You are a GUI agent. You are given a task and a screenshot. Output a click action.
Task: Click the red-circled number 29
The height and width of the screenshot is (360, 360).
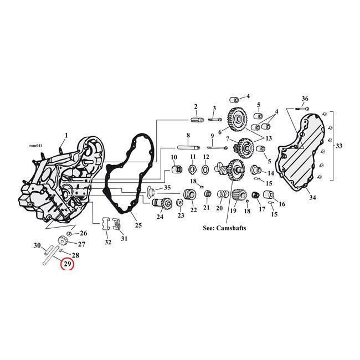[x=67, y=264]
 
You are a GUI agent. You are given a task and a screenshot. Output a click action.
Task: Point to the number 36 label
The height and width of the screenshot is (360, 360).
[x=305, y=99]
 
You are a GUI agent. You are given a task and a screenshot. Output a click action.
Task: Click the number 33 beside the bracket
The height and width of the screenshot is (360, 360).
[x=338, y=146]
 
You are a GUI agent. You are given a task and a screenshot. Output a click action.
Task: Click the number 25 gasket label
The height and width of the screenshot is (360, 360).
[x=138, y=225]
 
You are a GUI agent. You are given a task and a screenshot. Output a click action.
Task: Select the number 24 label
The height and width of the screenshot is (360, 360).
[x=160, y=217]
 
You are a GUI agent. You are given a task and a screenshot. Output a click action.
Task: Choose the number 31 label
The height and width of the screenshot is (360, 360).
[x=124, y=239]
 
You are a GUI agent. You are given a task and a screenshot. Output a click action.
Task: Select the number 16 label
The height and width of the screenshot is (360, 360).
[x=282, y=204]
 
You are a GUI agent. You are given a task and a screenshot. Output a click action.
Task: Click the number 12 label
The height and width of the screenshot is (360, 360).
[x=205, y=157]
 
